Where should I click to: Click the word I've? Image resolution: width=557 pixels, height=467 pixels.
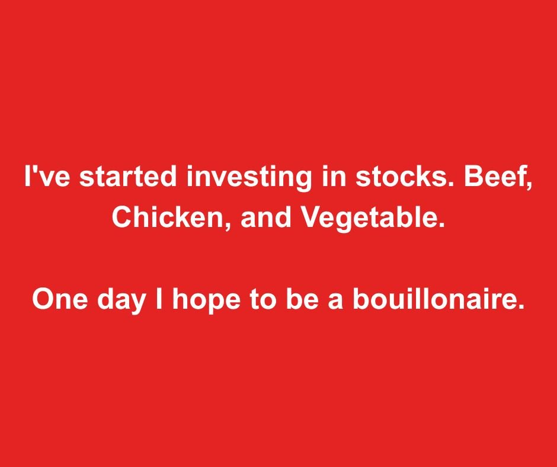[47, 176]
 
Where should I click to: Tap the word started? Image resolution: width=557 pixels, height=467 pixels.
[128, 176]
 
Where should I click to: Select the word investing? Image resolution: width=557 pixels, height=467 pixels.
[249, 178]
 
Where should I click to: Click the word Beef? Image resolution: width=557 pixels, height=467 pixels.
[494, 176]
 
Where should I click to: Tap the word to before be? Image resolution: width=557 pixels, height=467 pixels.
[263, 300]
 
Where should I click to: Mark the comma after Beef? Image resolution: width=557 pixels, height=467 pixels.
[529, 186]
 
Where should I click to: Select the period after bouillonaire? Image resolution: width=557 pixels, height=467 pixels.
[521, 307]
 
